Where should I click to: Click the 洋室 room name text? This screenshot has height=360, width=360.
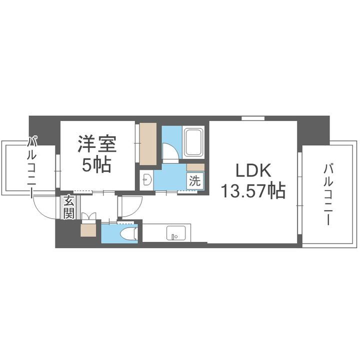[97, 145]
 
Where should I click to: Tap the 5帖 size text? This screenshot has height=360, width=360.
[97, 164]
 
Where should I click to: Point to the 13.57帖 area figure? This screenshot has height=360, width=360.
[253, 190]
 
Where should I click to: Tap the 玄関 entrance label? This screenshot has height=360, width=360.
[68, 207]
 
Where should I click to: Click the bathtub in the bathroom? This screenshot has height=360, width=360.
[193, 142]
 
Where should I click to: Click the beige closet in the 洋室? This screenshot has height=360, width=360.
[148, 143]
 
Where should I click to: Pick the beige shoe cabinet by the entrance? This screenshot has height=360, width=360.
[88, 229]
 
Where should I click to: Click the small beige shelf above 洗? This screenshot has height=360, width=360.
[195, 167]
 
